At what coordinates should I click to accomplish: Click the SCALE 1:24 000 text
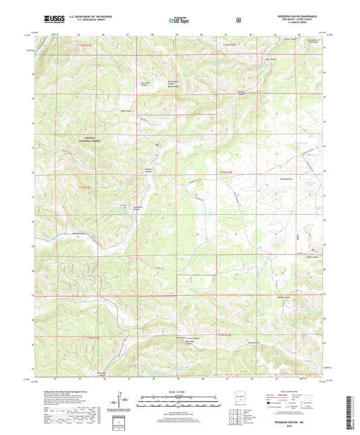[x=178, y=392]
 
